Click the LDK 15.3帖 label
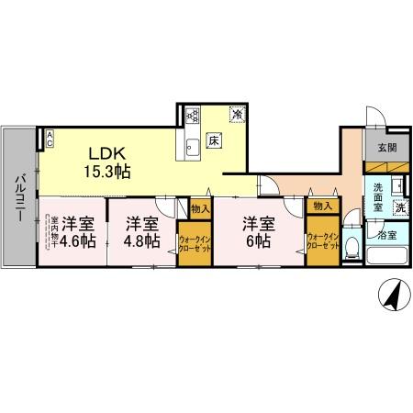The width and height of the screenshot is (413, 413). point(107,160)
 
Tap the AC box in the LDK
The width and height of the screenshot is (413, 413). point(50,139)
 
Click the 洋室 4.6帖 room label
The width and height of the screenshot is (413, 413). point(75,231)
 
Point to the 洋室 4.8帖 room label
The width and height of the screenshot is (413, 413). point(142,232)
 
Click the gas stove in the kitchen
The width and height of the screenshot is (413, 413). point(193,116)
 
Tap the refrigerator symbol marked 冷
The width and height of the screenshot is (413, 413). point(237,116)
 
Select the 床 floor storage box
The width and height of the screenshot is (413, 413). point(213,140)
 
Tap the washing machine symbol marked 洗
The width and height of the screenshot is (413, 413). point(400,207)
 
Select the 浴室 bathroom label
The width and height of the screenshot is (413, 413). point(387,236)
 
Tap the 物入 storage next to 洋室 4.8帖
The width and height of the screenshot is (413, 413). point(200,207)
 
